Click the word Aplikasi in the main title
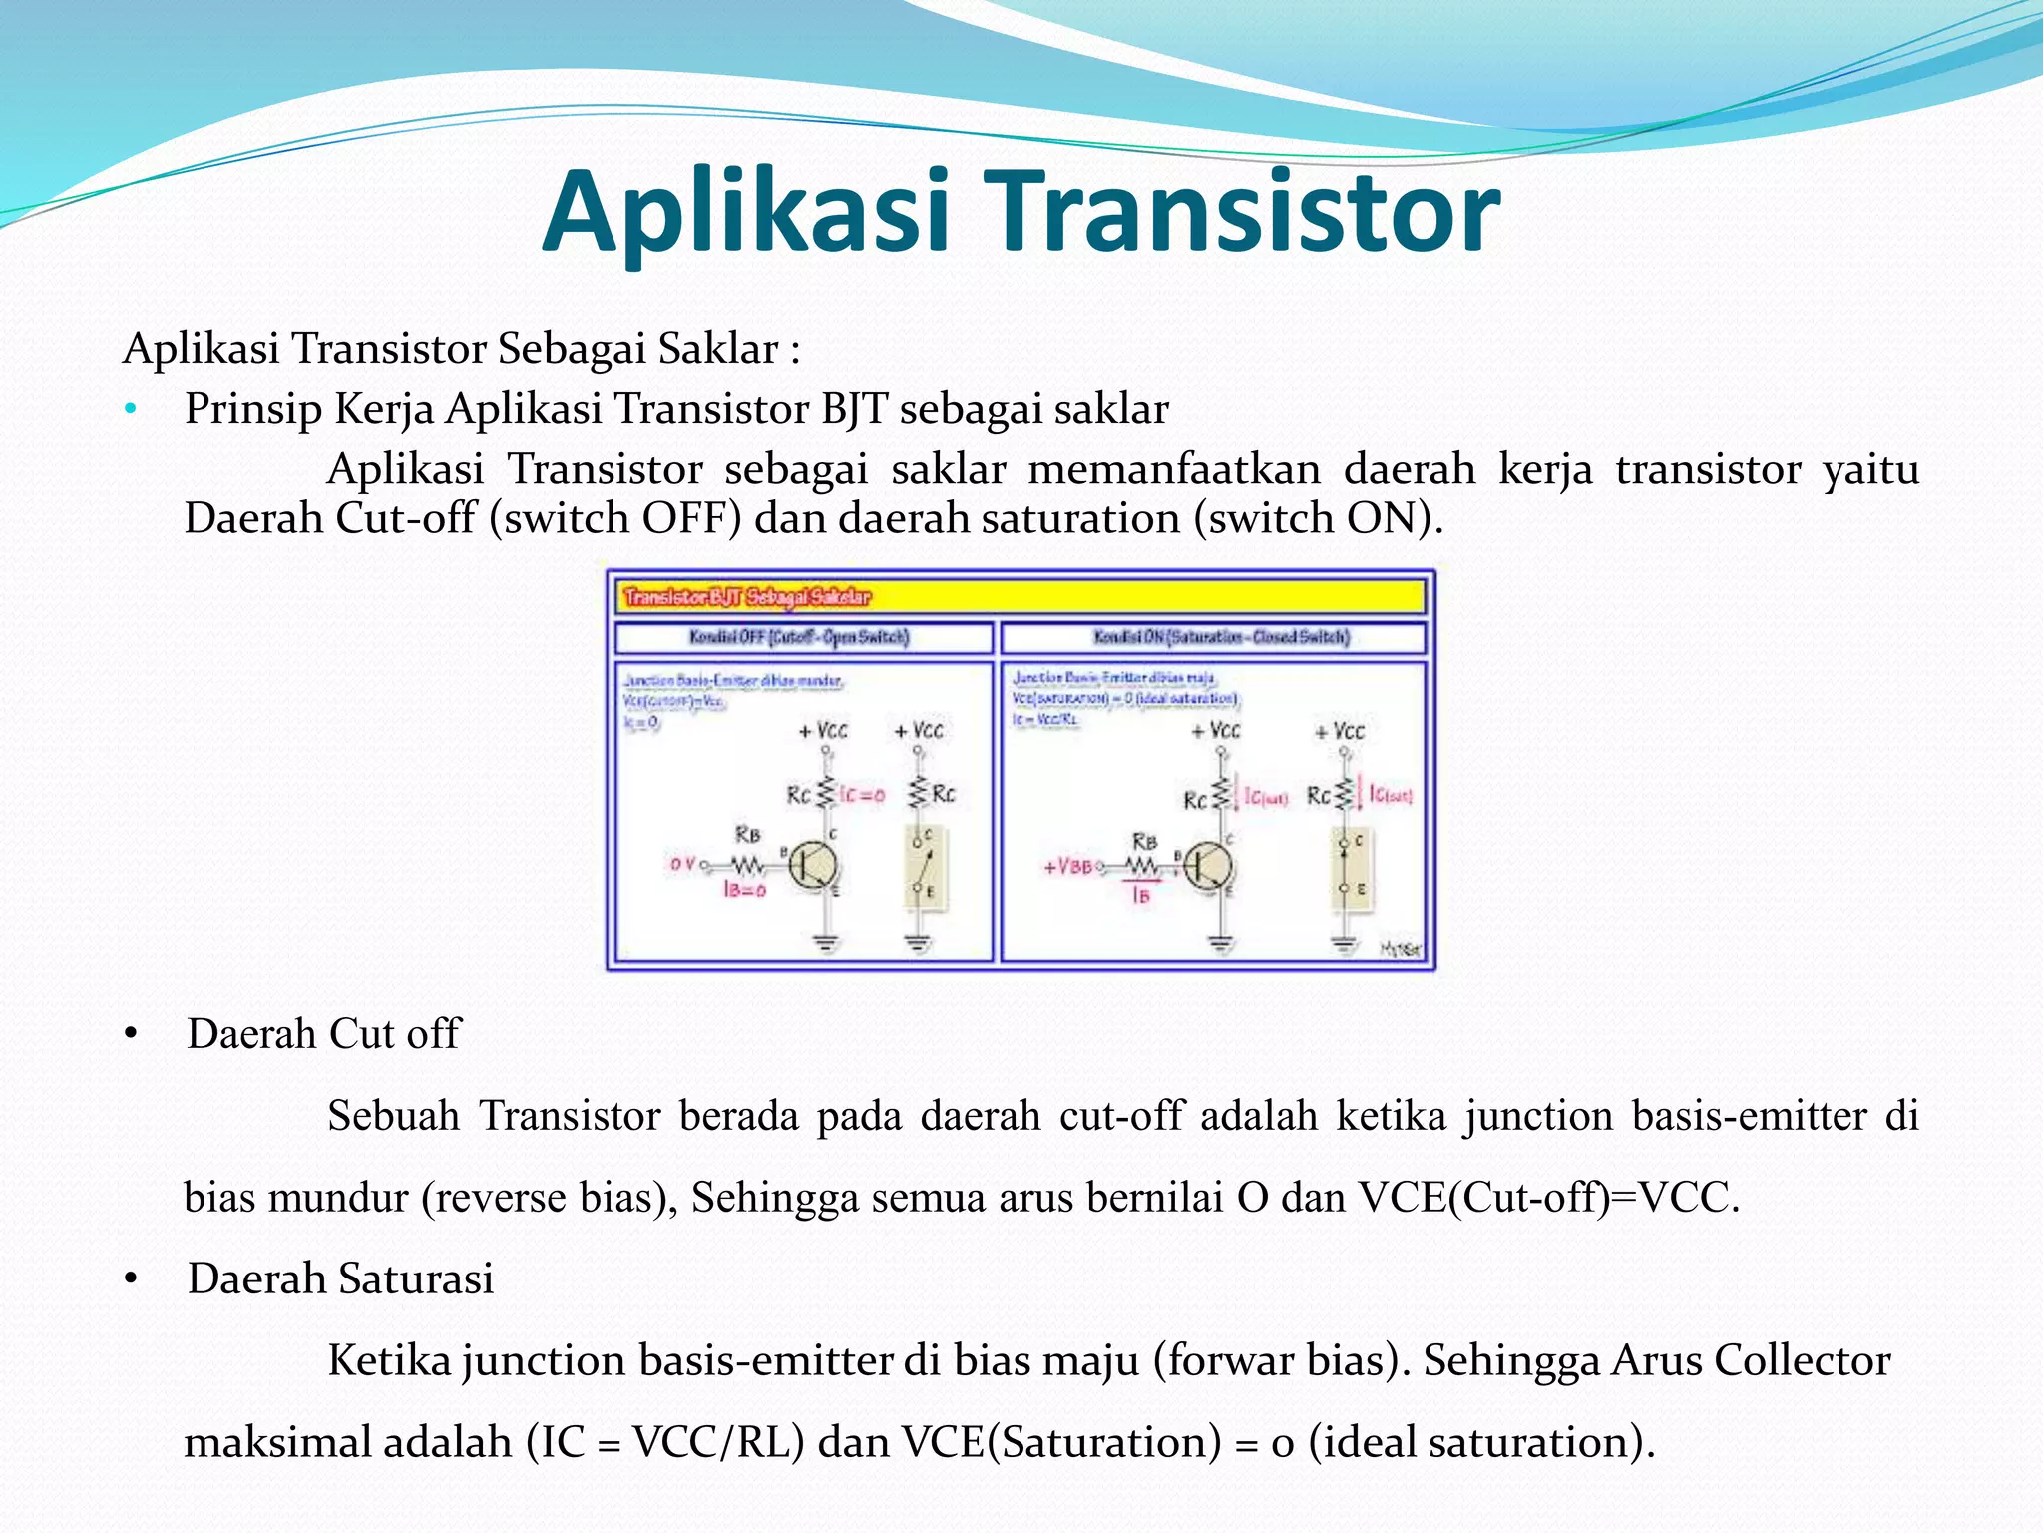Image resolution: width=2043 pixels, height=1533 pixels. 746,212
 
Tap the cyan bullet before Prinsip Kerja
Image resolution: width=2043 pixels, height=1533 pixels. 130,409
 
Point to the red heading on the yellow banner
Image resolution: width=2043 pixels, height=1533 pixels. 746,597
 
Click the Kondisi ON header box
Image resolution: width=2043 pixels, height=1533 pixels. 1220,637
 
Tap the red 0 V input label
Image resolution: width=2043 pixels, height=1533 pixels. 682,864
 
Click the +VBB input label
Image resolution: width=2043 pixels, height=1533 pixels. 1067,866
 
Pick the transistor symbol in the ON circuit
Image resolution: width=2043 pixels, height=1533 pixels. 1208,866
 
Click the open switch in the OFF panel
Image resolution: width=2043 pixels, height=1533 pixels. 923,864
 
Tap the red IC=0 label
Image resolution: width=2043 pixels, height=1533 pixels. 862,795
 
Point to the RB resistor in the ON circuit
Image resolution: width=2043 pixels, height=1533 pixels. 1143,865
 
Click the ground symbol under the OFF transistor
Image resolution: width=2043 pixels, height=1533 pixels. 826,941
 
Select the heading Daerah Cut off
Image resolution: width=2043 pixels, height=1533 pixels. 323,1034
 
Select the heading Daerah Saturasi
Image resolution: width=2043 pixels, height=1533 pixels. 340,1278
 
